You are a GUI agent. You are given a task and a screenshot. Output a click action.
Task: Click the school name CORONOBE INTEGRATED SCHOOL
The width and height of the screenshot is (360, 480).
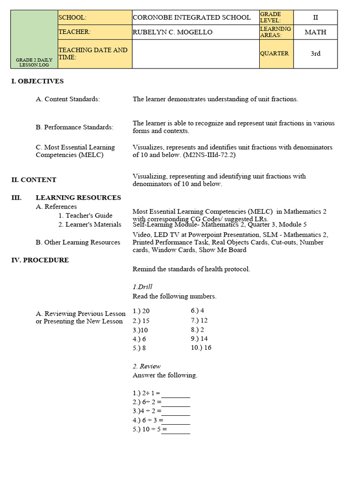click(192, 17)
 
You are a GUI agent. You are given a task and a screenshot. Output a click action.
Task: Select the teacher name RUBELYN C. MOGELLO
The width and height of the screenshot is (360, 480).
click(172, 32)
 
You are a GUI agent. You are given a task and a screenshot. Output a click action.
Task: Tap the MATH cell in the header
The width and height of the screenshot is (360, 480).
click(315, 32)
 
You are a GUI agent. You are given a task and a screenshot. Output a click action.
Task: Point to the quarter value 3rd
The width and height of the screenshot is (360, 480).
click(315, 53)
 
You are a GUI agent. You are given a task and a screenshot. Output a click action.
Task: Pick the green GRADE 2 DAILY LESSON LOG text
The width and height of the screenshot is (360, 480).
click(34, 62)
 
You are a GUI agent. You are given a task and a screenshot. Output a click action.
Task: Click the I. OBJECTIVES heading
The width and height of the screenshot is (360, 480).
click(37, 81)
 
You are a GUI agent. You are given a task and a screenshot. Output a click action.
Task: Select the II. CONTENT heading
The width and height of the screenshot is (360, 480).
click(34, 180)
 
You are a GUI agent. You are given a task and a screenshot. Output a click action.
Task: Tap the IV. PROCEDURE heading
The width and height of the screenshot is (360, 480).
click(40, 260)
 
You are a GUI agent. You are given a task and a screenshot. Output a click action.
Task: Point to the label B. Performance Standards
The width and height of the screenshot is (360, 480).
click(75, 127)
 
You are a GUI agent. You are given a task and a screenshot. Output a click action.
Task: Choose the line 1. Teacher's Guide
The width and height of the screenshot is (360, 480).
click(85, 216)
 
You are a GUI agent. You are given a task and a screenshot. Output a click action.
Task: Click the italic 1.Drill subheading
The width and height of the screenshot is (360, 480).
click(142, 287)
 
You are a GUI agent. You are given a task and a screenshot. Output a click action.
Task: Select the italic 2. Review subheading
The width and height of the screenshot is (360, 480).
click(147, 366)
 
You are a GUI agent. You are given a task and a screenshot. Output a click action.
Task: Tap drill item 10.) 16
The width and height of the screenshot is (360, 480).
click(201, 347)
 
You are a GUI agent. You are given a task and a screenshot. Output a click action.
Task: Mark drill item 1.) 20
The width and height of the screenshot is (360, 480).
click(141, 311)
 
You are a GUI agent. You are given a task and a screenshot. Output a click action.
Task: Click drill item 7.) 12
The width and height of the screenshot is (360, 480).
click(199, 320)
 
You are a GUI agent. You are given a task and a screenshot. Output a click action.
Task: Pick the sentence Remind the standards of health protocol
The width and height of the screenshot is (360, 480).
click(191, 269)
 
